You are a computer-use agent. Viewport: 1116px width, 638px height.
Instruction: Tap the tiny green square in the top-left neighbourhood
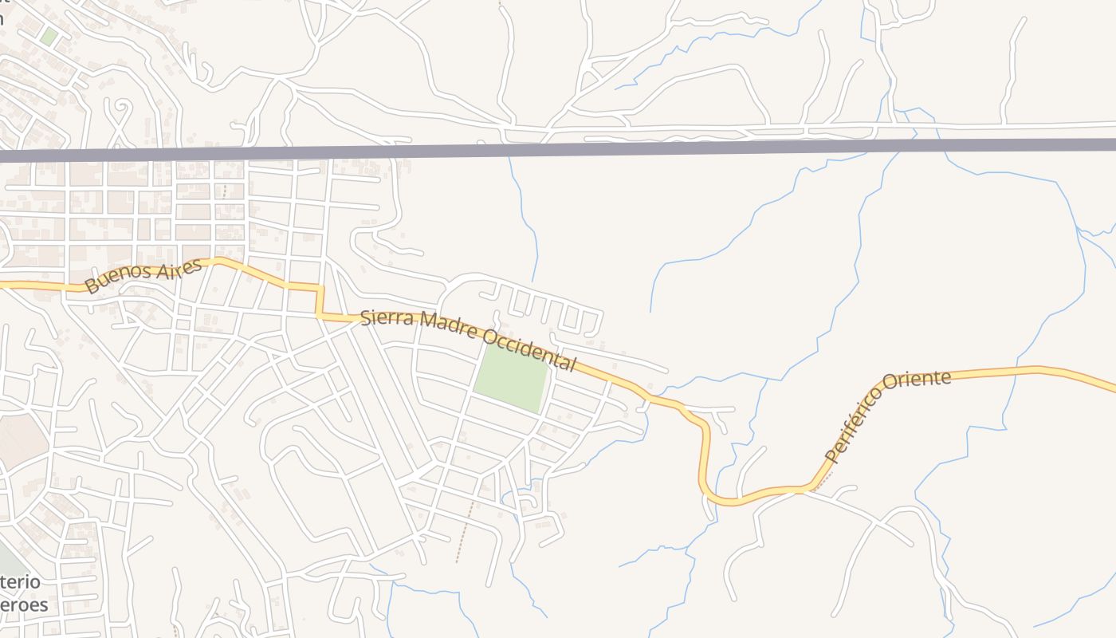point(49,37)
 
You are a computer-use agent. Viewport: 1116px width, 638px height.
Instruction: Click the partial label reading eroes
point(24,605)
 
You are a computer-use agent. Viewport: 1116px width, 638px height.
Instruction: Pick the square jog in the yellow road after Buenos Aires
point(320,301)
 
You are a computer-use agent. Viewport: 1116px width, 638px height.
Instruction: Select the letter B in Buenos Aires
point(92,286)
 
